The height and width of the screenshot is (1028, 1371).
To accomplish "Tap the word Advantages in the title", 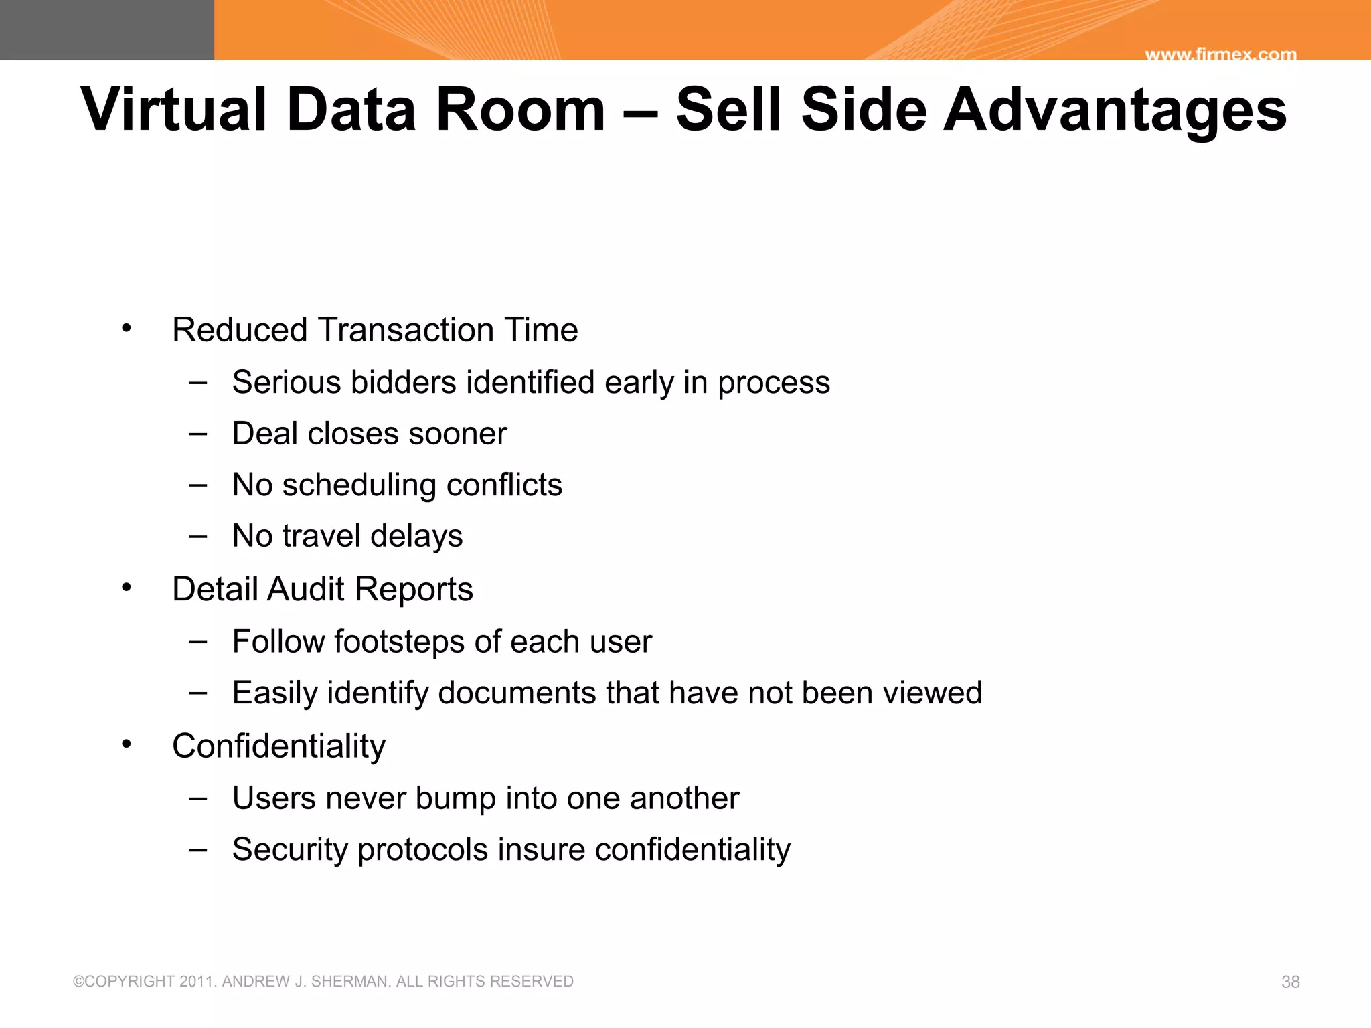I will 1115,110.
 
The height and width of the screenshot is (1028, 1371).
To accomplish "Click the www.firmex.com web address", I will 1220,54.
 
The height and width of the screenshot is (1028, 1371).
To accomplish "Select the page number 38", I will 1290,982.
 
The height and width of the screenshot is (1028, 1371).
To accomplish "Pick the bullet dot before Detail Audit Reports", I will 127,588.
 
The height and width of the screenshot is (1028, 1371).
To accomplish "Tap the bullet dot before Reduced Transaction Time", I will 127,328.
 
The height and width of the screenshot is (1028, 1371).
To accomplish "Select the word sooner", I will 458,434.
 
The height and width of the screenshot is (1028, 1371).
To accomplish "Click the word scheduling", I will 359,485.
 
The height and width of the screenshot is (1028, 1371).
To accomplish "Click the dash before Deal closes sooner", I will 197,434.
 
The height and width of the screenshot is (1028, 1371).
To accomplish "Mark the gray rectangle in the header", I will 107,30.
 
